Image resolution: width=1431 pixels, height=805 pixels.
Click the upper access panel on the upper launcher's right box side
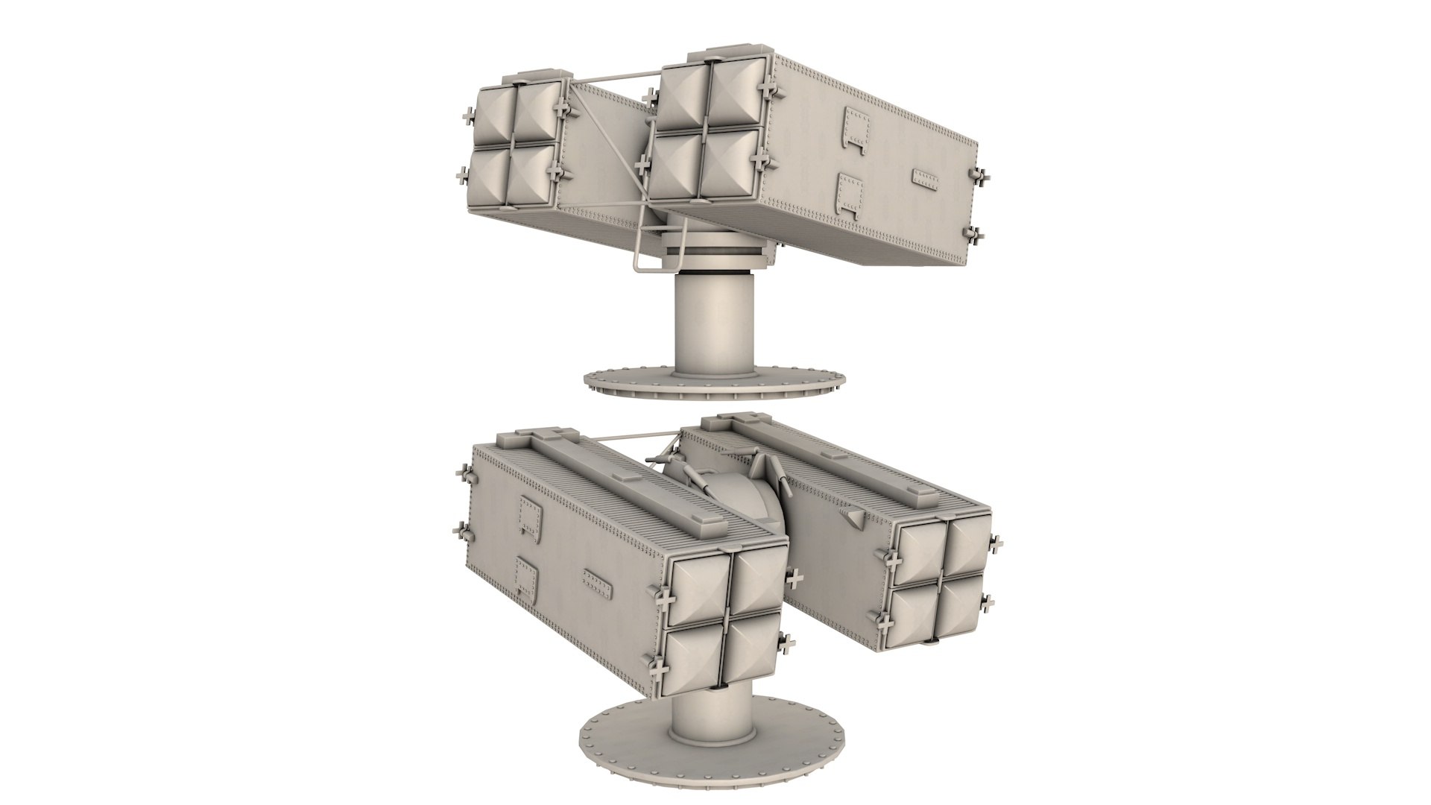tap(857, 127)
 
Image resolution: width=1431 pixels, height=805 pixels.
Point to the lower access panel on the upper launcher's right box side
tap(850, 196)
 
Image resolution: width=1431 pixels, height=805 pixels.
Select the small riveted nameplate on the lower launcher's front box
tap(598, 583)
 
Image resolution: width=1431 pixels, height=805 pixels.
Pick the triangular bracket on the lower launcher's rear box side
tap(853, 516)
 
